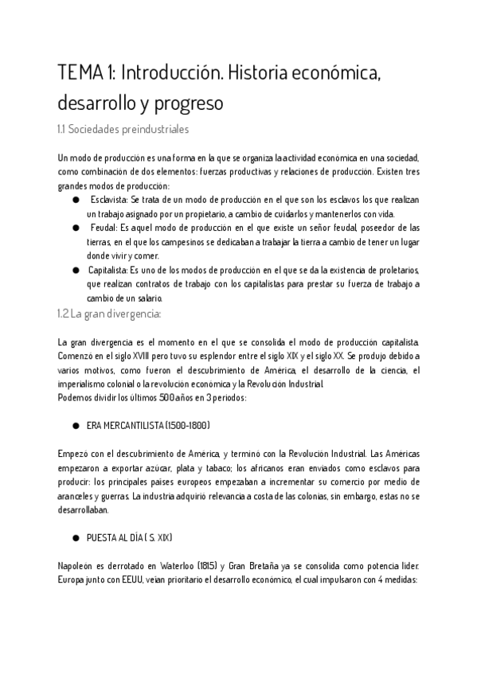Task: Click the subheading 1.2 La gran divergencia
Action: pyautogui.click(x=110, y=314)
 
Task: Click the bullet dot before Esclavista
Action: pyautogui.click(x=76, y=199)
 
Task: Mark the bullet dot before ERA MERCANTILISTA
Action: pyautogui.click(x=76, y=426)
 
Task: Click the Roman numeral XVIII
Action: pyautogui.click(x=146, y=355)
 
